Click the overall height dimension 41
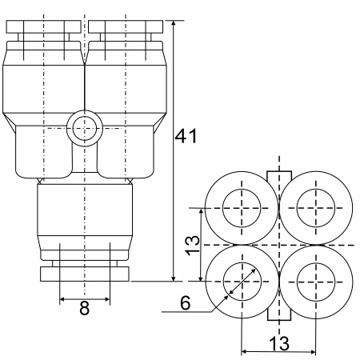pos(186,136)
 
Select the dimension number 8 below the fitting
pos(85,309)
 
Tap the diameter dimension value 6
pos(186,303)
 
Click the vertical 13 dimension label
pos(193,246)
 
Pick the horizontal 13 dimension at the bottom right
pos(279,343)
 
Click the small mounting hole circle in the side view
pos(85,128)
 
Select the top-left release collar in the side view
pos(43,27)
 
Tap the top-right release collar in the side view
pos(126,27)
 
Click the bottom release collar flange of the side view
pos(85,274)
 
